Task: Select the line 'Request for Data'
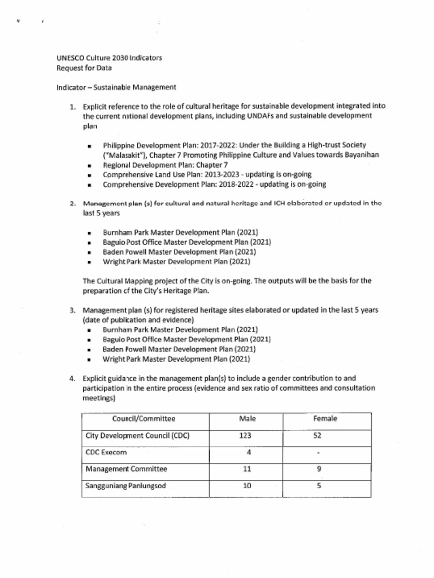point(84,68)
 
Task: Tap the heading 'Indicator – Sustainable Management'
point(116,87)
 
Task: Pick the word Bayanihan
point(358,155)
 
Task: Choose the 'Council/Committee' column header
point(144,419)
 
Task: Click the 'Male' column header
point(248,419)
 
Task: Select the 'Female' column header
point(325,419)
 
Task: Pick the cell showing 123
point(245,436)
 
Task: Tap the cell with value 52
point(318,436)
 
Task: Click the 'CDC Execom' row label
point(106,452)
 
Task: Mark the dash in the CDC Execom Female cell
point(318,453)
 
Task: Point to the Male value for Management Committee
point(247,469)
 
